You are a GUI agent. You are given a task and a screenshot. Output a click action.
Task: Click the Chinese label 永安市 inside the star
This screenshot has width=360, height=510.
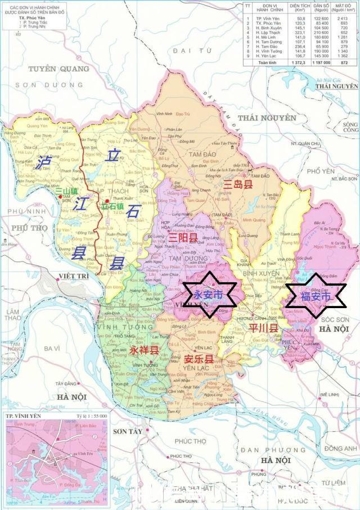[x=208, y=295]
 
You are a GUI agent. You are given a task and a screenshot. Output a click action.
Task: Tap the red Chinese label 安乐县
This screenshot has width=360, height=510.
[x=199, y=359]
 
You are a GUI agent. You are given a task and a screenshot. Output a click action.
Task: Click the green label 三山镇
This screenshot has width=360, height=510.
[x=66, y=191]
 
